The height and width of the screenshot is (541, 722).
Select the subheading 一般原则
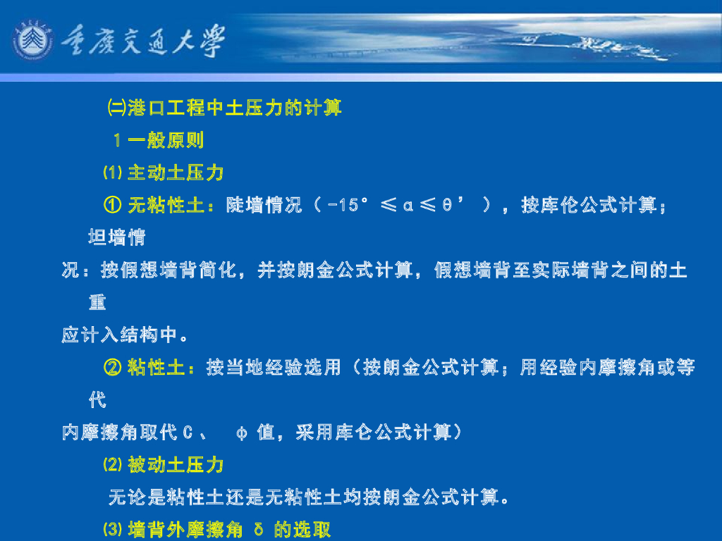tap(166, 140)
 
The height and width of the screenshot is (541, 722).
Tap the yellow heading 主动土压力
tap(176, 173)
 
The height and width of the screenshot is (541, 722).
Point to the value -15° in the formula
tap(350, 206)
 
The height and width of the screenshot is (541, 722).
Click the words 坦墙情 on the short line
tap(117, 237)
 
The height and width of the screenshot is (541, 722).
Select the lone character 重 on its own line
tap(97, 302)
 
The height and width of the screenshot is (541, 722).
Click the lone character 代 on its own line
tap(97, 400)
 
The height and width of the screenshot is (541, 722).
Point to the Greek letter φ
tap(241, 433)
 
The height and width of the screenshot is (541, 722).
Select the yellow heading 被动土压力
tap(176, 465)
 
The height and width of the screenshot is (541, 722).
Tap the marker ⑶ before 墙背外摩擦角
tap(113, 530)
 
